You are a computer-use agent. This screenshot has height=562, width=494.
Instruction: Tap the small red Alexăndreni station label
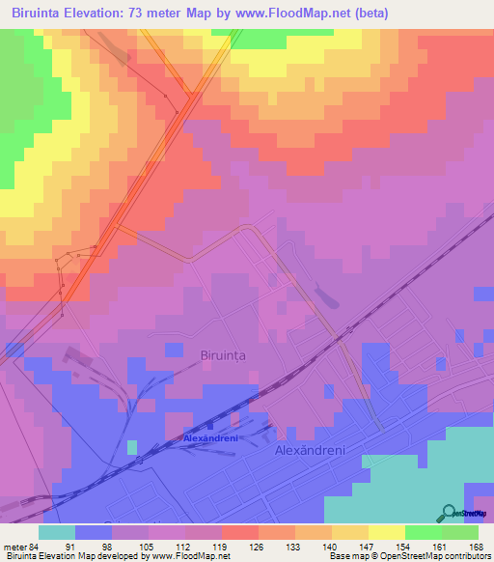click(x=210, y=437)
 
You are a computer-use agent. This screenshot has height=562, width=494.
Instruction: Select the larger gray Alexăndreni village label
click(x=311, y=451)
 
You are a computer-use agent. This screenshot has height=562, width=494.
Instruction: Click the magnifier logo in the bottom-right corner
click(x=450, y=514)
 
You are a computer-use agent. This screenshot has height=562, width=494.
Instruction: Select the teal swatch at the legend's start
click(x=57, y=532)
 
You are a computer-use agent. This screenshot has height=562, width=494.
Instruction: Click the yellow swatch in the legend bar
click(x=387, y=532)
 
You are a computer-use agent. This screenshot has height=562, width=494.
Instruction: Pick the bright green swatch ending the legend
click(x=460, y=532)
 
